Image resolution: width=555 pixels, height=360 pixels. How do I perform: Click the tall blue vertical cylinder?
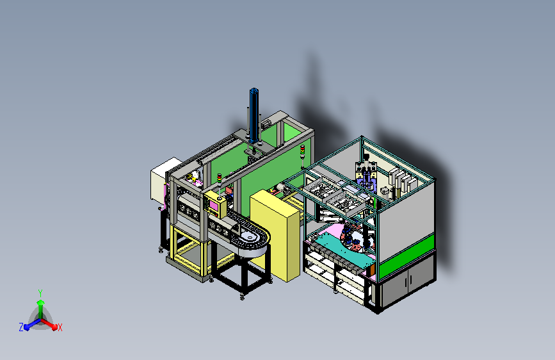click(253, 115)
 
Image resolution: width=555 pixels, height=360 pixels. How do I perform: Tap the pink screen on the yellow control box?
click(214, 206)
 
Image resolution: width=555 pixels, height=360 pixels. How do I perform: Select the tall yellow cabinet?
click(275, 235)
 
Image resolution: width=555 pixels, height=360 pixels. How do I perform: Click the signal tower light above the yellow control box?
click(220, 178)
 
